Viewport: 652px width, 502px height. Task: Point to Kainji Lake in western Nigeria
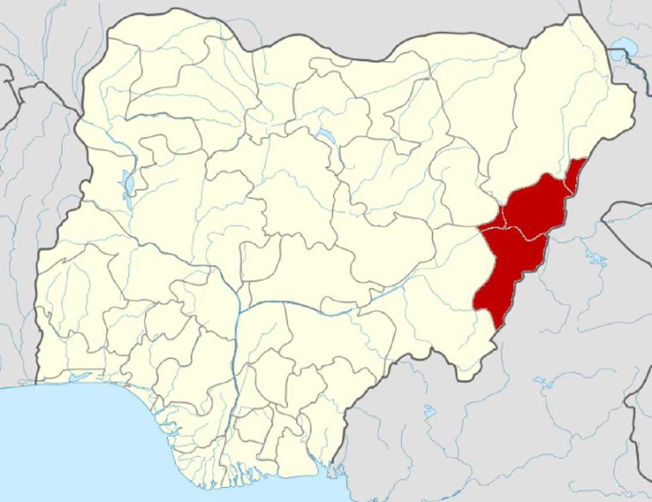pos(129,183)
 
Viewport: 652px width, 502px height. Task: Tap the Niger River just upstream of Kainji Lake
pos(111,140)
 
